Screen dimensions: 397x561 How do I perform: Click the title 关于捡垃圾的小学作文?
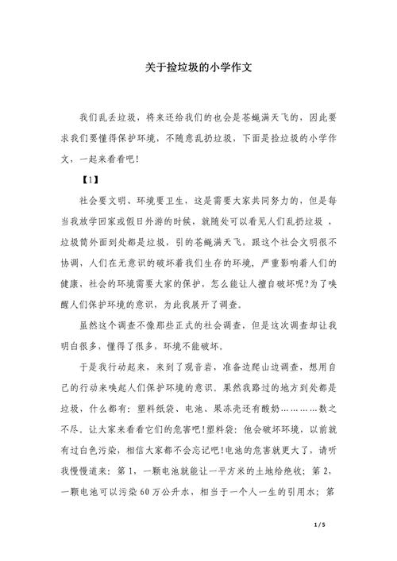[x=198, y=68]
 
